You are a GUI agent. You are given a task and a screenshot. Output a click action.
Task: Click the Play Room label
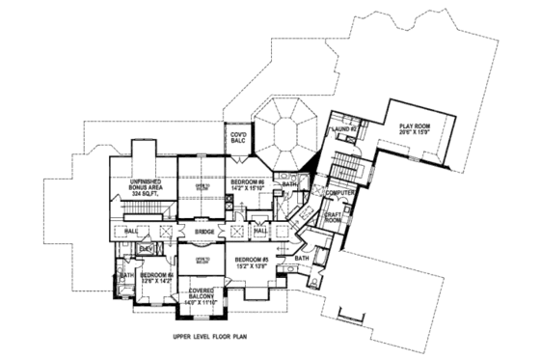(410, 124)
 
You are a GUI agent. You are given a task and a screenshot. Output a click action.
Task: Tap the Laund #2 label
(344, 128)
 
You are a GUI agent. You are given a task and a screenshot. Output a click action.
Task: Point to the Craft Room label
(333, 218)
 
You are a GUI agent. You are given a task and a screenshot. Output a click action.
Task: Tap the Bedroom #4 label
(156, 275)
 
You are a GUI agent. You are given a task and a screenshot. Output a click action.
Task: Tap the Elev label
(146, 249)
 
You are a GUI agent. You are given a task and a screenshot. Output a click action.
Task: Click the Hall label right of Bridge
(259, 232)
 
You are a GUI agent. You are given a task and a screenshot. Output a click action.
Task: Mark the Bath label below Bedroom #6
(289, 183)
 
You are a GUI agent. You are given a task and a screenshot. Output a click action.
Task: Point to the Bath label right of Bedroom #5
(302, 258)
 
